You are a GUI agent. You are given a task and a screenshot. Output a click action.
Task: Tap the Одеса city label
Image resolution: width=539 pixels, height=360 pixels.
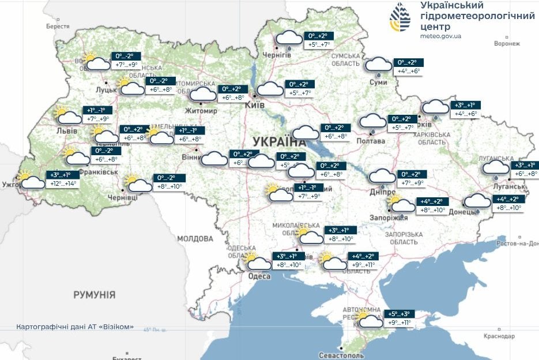coord(259,276)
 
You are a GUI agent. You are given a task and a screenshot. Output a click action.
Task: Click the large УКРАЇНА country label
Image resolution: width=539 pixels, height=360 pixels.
coord(279,142)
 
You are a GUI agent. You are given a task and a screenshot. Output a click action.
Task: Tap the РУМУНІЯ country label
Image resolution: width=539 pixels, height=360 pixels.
coord(94,295)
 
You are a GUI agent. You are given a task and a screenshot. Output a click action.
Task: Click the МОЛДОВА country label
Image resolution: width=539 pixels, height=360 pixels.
coord(195,238)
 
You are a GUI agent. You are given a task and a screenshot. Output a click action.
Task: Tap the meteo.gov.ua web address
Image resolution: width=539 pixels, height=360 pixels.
coord(441,36)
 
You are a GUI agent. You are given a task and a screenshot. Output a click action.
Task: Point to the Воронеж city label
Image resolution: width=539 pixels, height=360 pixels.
coord(507,43)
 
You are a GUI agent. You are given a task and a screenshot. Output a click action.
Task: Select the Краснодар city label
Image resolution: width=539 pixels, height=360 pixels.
coord(499,336)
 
